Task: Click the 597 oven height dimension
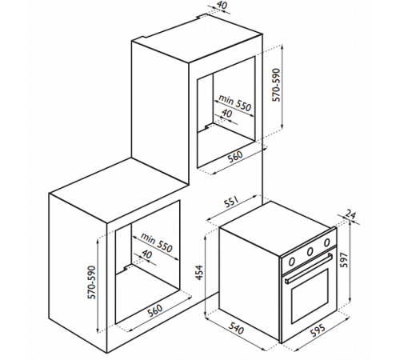[344, 260]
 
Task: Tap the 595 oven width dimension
[318, 330]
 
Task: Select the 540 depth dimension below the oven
[236, 328]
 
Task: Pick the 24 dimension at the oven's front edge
[350, 214]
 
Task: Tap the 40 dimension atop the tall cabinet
[222, 5]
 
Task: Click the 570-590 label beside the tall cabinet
[276, 85]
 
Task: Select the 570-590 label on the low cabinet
[92, 282]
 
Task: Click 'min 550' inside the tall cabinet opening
[234, 102]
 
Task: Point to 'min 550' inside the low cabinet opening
[157, 243]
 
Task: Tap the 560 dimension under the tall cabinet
[236, 156]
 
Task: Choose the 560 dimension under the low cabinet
[154, 310]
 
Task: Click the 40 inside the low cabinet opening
[146, 254]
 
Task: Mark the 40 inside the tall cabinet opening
[226, 114]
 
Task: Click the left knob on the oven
[292, 262]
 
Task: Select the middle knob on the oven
[310, 251]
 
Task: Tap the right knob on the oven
[326, 242]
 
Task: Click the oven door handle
[309, 269]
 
